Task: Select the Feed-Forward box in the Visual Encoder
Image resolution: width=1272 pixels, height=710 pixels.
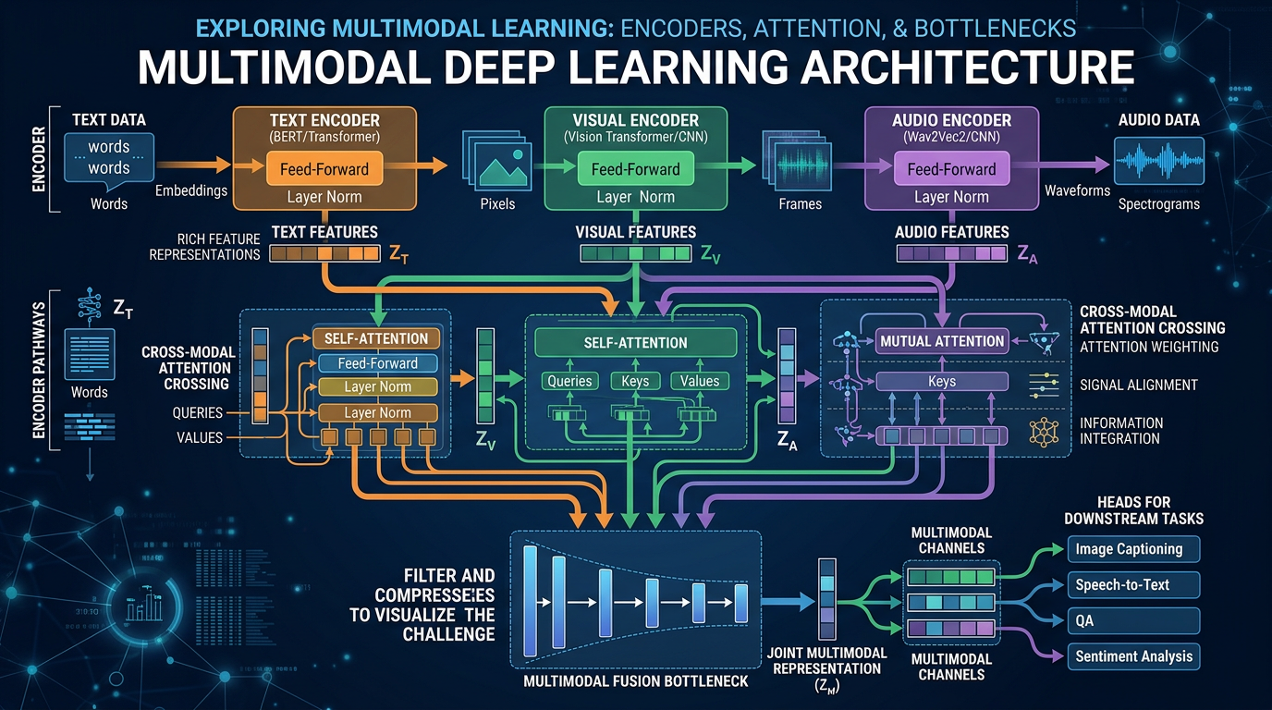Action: click(x=637, y=169)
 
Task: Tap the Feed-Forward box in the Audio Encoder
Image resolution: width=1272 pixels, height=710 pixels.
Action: click(x=951, y=169)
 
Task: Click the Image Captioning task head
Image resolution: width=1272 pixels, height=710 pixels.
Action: click(x=1133, y=549)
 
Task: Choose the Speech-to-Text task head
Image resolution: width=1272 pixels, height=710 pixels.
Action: click(x=1133, y=585)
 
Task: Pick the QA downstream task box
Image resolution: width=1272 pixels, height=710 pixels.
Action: click(x=1133, y=620)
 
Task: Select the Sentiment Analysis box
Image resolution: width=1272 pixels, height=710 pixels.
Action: click(x=1133, y=656)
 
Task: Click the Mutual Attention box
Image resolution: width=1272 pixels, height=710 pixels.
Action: click(x=941, y=341)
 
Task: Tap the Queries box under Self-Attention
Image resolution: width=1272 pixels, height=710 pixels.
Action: click(x=569, y=381)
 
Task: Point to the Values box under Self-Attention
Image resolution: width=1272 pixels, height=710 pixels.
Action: click(x=699, y=381)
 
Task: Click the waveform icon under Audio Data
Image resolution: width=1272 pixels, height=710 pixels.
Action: click(x=1158, y=163)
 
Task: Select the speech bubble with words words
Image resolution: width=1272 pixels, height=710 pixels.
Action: click(x=109, y=158)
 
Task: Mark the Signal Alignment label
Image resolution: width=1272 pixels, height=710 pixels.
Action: click(x=1137, y=385)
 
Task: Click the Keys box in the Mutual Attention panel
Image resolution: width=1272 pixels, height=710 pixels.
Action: click(x=941, y=381)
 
